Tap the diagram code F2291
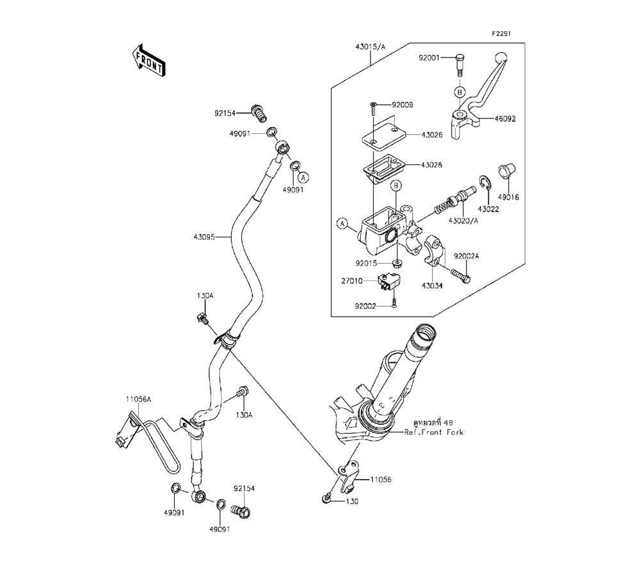pyautogui.click(x=502, y=34)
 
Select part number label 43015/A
pyautogui.click(x=371, y=47)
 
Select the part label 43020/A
pyautogui.click(x=463, y=221)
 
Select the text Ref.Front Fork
pyautogui.click(x=434, y=432)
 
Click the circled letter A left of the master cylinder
pyautogui.click(x=343, y=224)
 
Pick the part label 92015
pyautogui.click(x=367, y=262)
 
